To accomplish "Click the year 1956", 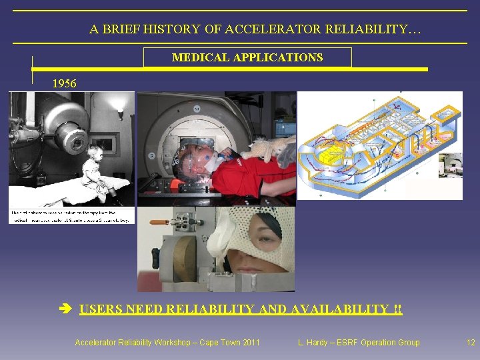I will (65, 83).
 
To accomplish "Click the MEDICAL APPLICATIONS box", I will (247, 57).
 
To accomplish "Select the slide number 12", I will (471, 343).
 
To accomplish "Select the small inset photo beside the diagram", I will (450, 165).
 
